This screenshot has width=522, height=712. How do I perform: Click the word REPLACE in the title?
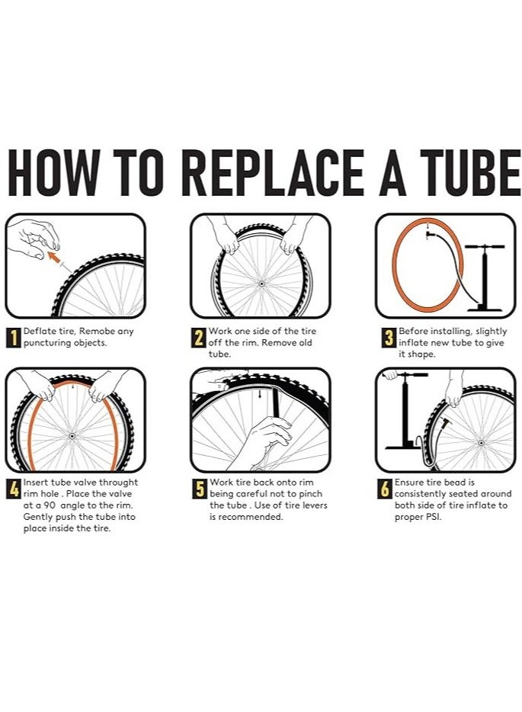point(275,172)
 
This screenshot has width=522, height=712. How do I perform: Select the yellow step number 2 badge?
point(199,338)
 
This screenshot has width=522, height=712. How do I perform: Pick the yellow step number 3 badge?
point(388,338)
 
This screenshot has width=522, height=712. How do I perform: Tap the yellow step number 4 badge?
point(14,489)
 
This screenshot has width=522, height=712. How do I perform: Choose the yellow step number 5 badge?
point(199,489)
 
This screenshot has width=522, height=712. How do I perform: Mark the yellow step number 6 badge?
point(385,489)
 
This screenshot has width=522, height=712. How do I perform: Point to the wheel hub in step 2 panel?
point(261,284)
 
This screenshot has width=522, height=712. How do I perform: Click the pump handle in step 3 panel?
point(485,247)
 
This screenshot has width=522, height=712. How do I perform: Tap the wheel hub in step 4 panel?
point(72,436)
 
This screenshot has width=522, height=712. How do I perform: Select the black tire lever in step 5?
point(276,402)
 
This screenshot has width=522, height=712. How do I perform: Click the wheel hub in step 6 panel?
point(481,442)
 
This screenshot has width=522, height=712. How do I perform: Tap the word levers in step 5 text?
point(315,505)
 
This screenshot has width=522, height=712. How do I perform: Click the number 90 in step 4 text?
point(50,505)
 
